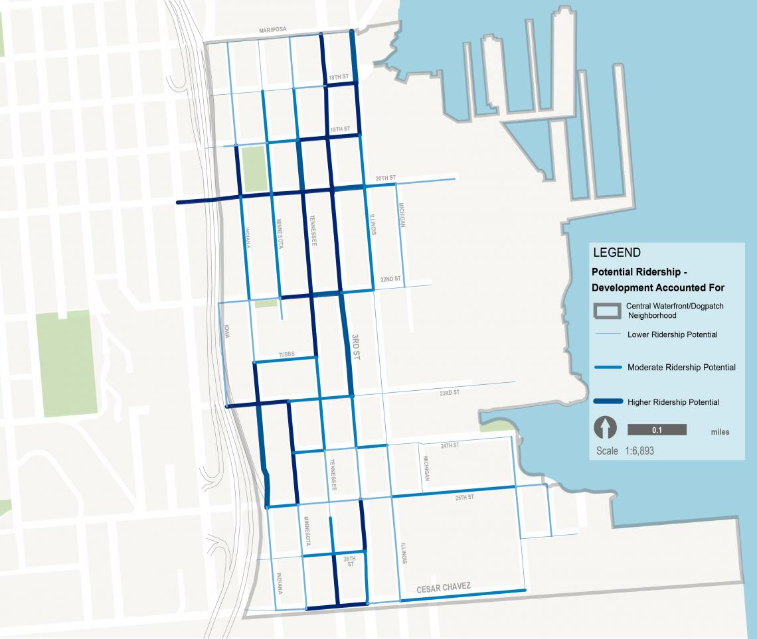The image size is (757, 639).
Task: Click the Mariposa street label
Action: tap(273, 31)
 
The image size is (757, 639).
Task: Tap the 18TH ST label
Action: tap(337, 78)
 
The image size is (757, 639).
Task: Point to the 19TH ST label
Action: tap(339, 129)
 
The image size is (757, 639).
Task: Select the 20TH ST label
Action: tap(385, 178)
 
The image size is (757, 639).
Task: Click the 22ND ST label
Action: tap(390, 279)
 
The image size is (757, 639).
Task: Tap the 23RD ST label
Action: tap(449, 393)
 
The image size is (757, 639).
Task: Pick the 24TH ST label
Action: tap(450, 445)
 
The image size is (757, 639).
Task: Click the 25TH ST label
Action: tap(464, 497)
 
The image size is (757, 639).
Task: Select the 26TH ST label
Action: tap(350, 561)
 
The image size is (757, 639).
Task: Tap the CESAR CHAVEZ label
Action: tap(444, 587)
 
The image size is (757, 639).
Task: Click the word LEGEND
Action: tap(616, 253)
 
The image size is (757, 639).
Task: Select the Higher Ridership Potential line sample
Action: tap(606, 401)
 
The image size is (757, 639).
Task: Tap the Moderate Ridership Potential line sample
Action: tap(606, 367)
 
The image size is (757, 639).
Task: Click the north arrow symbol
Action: tap(606, 428)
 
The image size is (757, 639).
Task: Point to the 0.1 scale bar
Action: tap(657, 430)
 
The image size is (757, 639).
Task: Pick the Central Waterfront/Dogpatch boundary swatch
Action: tap(606, 311)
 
